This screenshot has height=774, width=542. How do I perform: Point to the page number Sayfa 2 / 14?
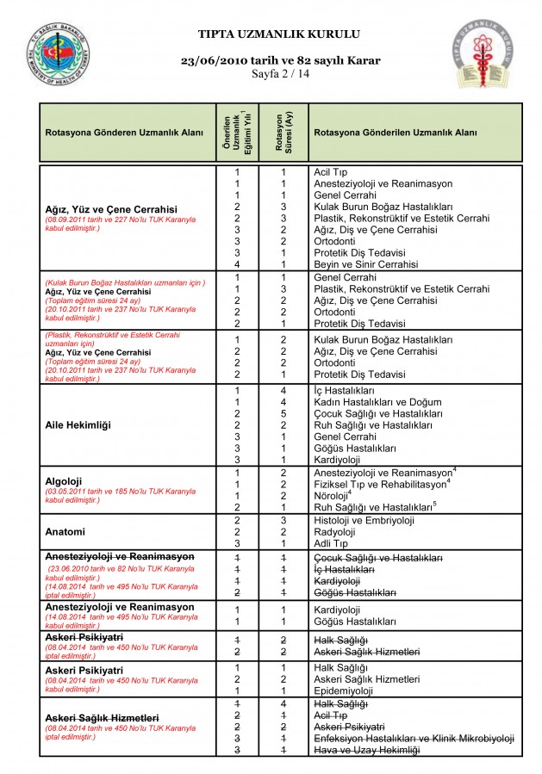[x=279, y=75]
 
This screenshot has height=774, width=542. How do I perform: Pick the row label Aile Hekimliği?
[x=78, y=425]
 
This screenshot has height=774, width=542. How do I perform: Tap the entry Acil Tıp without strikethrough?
[x=331, y=172]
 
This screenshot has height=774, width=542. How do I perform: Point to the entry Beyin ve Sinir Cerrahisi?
[x=366, y=264]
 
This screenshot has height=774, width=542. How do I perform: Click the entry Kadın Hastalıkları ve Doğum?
[x=377, y=402]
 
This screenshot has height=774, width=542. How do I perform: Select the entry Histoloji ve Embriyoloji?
[x=364, y=520]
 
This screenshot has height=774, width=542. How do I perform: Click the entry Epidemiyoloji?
[x=344, y=690]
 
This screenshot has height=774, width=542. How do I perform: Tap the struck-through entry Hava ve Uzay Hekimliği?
[x=366, y=750]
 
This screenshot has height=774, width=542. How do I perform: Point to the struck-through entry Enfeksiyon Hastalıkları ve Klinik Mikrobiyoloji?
[x=414, y=738]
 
